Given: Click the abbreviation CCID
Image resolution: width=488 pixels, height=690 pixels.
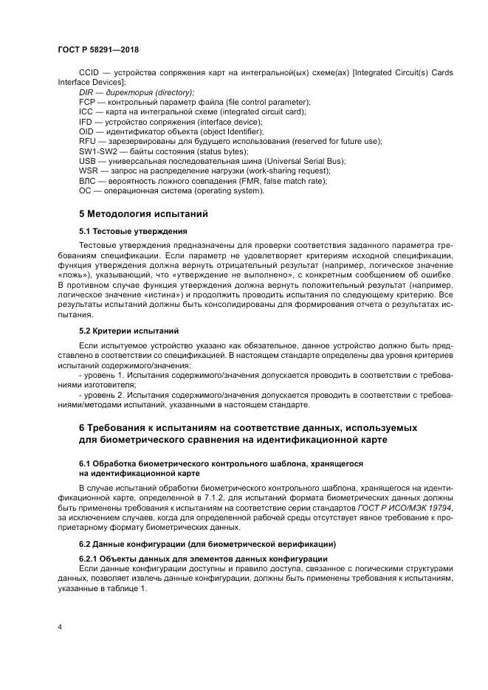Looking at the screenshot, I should tap(89, 72).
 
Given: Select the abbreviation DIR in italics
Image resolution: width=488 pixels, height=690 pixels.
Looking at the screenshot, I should tap(87, 92).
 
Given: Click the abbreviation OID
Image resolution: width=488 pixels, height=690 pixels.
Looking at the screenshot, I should tap(87, 131).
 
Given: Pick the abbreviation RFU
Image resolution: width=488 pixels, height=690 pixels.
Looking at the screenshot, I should tap(88, 141).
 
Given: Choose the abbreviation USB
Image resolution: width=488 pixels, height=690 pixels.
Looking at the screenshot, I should tap(88, 161).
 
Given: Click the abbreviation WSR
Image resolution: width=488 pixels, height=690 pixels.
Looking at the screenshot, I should tap(89, 170).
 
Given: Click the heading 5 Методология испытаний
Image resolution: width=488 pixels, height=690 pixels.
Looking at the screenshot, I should tap(144, 214).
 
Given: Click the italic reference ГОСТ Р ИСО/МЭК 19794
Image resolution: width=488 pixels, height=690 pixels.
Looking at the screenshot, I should tap(405, 508).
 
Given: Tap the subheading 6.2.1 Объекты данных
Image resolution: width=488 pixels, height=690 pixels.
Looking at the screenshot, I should tap(133, 559).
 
